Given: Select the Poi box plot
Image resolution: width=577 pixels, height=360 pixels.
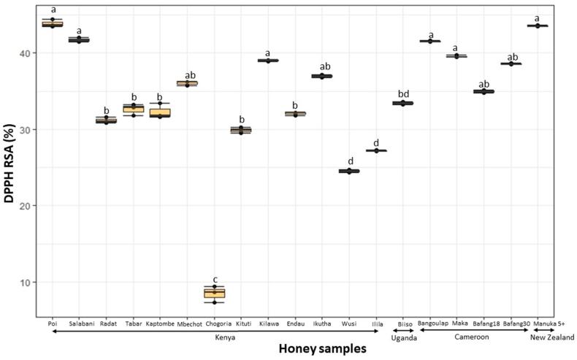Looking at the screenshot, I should click(52, 23).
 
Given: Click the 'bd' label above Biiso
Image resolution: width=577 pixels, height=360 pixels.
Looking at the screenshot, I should click(402, 93).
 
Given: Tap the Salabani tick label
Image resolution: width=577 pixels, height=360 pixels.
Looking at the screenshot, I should click(79, 322).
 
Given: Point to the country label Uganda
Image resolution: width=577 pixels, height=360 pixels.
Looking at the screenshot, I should click(403, 337).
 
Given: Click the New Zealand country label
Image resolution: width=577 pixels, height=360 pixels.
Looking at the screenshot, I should click(551, 337).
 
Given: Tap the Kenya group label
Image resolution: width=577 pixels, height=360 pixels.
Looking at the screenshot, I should click(214, 337).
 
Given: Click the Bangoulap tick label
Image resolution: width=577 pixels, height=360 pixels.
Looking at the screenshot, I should click(430, 322).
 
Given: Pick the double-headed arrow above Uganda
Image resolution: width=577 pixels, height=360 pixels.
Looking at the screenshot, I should click(403, 330).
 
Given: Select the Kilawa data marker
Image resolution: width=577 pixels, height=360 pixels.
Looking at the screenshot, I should click(268, 61).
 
